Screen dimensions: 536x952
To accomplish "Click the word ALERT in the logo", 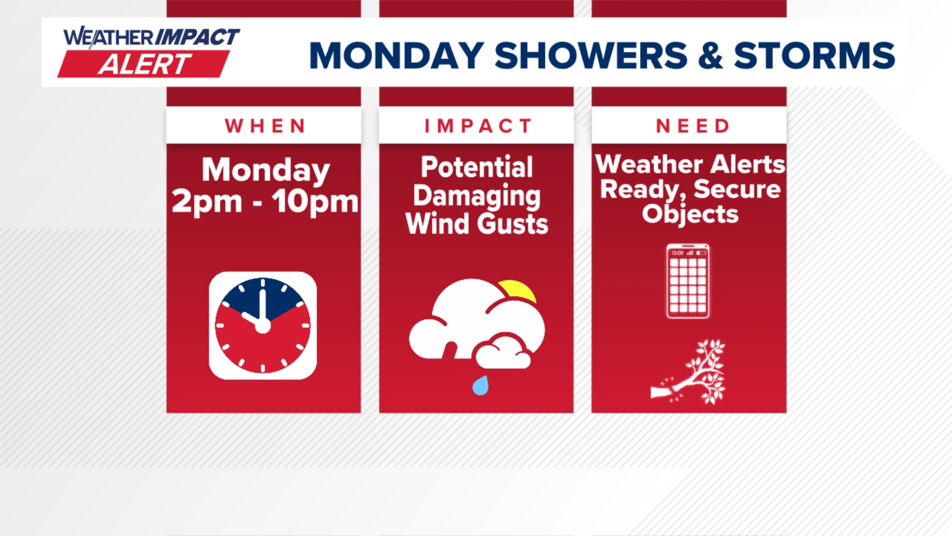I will (x=144, y=65).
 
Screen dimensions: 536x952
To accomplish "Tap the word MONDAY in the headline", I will (x=396, y=55).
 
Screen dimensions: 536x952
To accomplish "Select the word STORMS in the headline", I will (x=814, y=55).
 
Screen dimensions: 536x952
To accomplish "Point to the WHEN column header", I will (x=265, y=126).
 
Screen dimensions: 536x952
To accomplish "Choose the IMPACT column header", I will (x=477, y=126).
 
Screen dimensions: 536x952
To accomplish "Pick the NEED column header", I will (x=692, y=126).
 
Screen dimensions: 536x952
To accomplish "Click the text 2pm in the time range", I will (x=207, y=201).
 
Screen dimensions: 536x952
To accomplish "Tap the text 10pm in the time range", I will (x=314, y=201).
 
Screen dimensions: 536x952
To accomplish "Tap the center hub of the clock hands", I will (x=262, y=326).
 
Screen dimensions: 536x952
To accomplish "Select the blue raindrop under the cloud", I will (x=480, y=386).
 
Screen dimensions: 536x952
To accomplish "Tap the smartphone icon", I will (x=687, y=281).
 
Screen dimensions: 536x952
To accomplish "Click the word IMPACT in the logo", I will (x=197, y=37).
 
